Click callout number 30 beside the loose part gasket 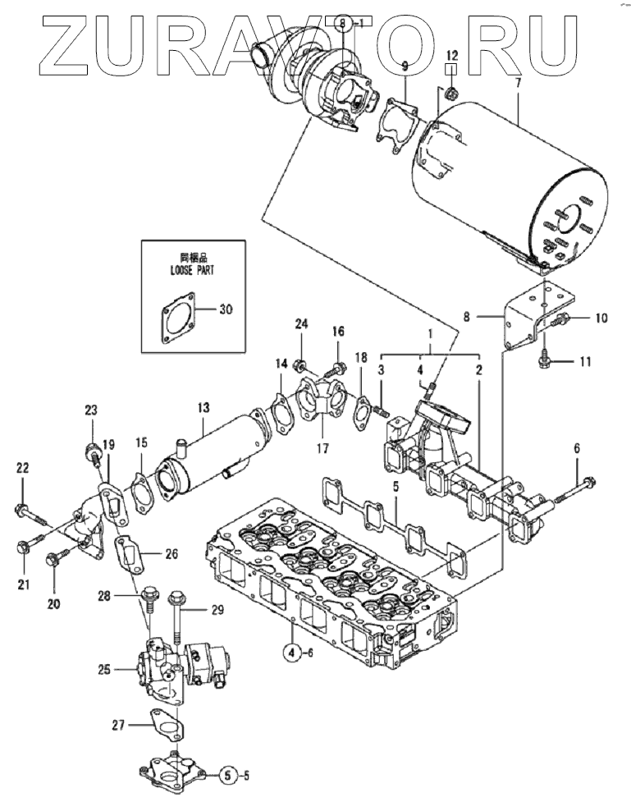point(227,309)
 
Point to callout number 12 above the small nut point(452,55)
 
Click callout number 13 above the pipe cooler point(203,405)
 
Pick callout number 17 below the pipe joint point(322,448)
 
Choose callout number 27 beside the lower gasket point(119,724)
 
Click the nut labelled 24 point(302,364)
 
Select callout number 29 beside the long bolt point(217,609)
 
